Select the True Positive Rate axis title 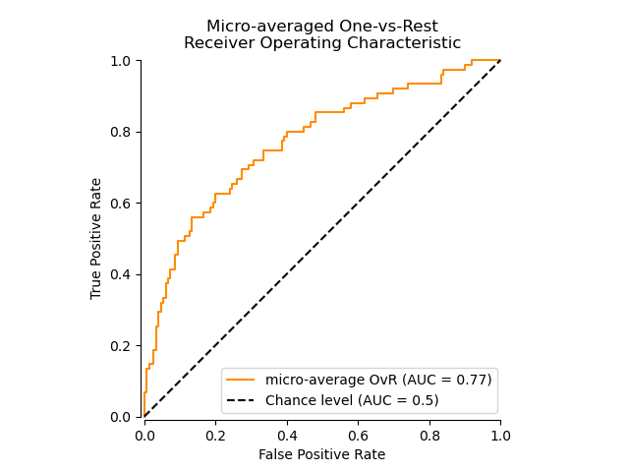click(96, 239)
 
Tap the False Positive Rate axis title click(321, 454)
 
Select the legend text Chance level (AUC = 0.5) click(352, 400)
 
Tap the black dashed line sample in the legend click(242, 400)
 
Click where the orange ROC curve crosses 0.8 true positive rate click(287, 132)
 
